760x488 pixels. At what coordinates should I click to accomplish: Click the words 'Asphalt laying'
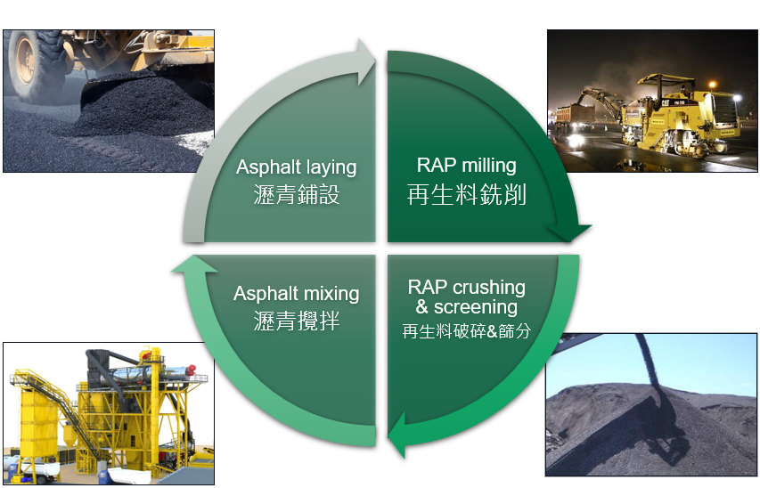pyautogui.click(x=296, y=167)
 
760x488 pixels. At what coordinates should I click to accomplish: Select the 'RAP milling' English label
pyautogui.click(x=466, y=166)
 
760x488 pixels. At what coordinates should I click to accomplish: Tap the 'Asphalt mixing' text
pyautogui.click(x=296, y=294)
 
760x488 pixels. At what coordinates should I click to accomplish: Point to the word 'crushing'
pyautogui.click(x=488, y=288)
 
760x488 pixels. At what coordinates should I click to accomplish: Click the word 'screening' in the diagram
pyautogui.click(x=476, y=307)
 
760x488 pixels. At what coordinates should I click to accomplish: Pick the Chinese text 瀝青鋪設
pyautogui.click(x=297, y=195)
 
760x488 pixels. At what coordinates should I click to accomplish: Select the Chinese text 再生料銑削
pyautogui.click(x=466, y=194)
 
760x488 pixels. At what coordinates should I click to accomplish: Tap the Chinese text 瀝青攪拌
pyautogui.click(x=297, y=321)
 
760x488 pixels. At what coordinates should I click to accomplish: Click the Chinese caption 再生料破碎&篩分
pyautogui.click(x=466, y=331)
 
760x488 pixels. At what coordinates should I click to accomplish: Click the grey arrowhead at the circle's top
pyautogui.click(x=366, y=62)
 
